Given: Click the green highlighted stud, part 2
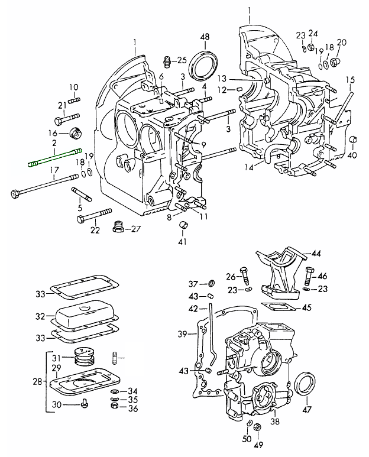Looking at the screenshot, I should [53, 158].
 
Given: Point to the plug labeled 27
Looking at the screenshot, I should [118, 228].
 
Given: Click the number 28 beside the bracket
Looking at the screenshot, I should [38, 382].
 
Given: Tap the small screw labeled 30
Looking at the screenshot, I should [85, 404].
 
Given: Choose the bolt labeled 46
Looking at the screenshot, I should [308, 276].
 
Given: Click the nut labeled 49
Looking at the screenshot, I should [258, 428].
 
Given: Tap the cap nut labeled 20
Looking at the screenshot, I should [336, 61].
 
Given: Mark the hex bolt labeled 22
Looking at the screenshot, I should [94, 215].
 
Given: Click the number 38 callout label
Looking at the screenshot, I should [275, 422].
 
